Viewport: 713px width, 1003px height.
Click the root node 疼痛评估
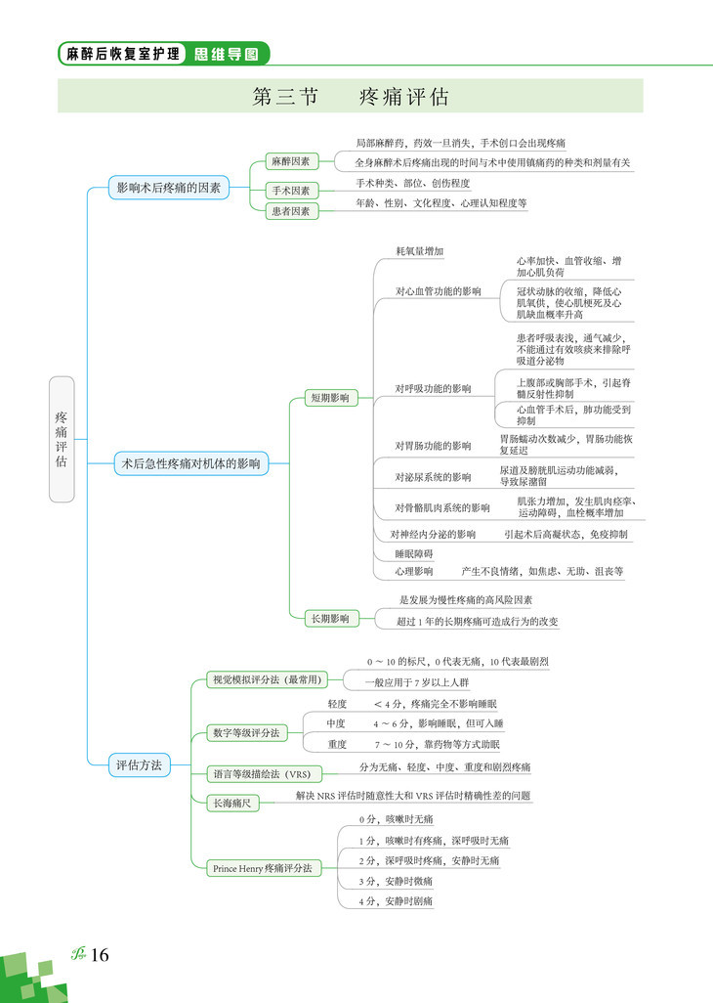pyautogui.click(x=62, y=439)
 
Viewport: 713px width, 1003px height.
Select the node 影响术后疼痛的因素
pyautogui.click(x=169, y=187)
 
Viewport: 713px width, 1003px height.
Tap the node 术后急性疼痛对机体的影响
pyautogui.click(x=190, y=464)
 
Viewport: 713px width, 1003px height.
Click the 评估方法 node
pyautogui.click(x=139, y=763)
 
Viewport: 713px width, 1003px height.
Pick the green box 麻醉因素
pyautogui.click(x=291, y=161)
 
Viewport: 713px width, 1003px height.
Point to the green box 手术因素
pyautogui.click(x=291, y=191)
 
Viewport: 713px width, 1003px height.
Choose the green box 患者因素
pyautogui.click(x=291, y=210)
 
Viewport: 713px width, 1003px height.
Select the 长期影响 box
pyautogui.click(x=330, y=618)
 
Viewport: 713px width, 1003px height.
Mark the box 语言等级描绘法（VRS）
pyautogui.click(x=262, y=774)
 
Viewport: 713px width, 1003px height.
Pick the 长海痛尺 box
pyautogui.click(x=232, y=804)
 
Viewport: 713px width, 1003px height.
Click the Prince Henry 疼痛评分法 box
pyautogui.click(x=262, y=867)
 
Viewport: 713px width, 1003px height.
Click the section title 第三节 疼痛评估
pyautogui.click(x=350, y=97)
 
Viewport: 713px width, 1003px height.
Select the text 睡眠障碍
pyautogui.click(x=413, y=553)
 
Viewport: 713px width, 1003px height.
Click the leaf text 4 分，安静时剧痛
pyautogui.click(x=396, y=900)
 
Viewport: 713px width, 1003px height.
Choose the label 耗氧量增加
pyautogui.click(x=420, y=251)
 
